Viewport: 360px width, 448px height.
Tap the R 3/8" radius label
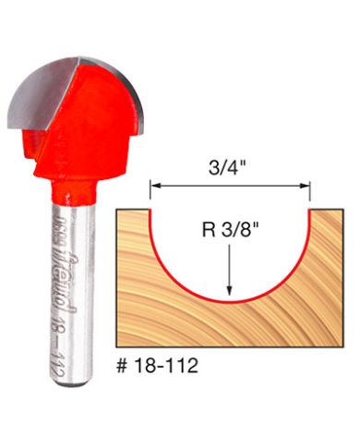pyautogui.click(x=230, y=226)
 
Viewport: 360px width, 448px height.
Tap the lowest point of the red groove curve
pyautogui.click(x=230, y=303)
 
